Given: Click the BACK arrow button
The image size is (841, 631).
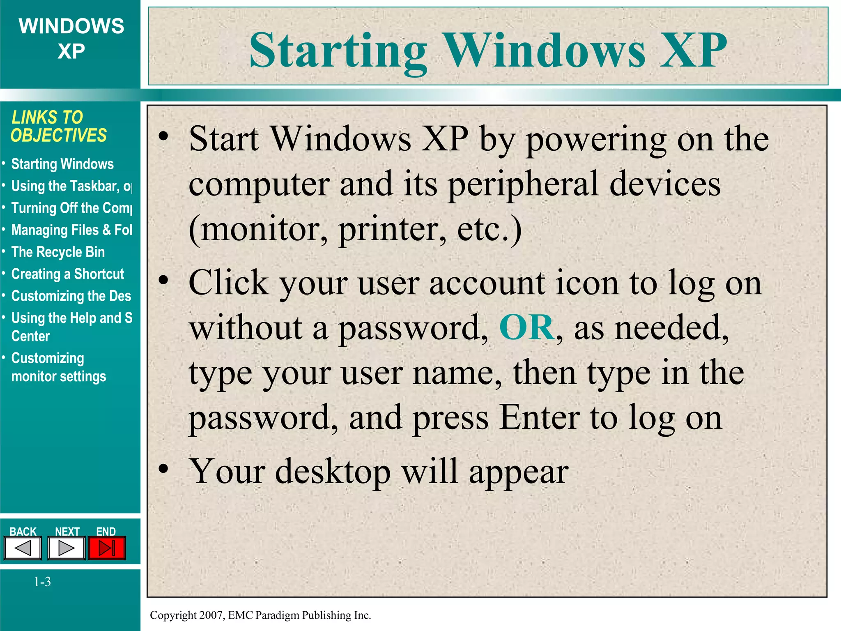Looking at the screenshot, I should (23, 548).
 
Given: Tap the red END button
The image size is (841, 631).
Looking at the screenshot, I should (107, 548).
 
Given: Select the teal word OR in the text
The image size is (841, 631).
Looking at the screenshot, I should (526, 327).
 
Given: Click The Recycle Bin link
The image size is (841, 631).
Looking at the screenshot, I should (58, 252).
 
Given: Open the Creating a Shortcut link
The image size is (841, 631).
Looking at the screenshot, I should (67, 274).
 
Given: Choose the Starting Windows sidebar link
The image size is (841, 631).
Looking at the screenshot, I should (62, 164).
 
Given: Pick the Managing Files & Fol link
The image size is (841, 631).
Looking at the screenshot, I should (71, 230).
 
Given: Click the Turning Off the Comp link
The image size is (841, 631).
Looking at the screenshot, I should (71, 208).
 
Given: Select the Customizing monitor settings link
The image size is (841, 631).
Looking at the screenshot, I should (58, 367).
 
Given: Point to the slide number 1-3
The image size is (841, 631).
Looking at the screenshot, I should (42, 582).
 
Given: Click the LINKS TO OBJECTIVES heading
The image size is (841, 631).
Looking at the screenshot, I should (58, 127).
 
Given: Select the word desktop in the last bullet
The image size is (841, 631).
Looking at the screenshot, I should (333, 472).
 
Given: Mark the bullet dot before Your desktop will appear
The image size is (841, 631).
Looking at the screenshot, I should (163, 469).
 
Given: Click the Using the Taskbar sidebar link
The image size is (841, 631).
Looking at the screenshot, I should (71, 187).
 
